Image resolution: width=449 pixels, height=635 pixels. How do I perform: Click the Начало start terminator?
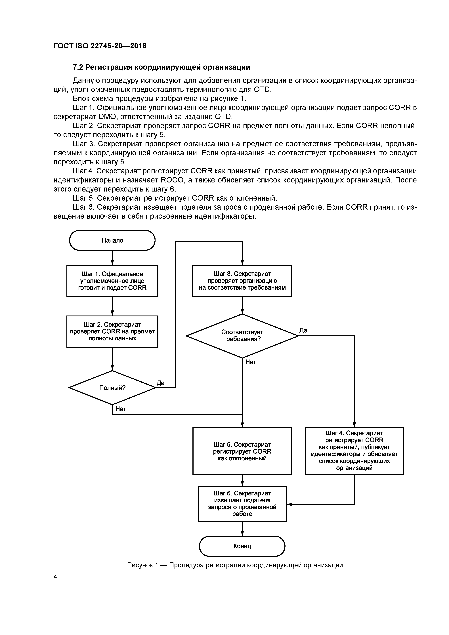[112, 240]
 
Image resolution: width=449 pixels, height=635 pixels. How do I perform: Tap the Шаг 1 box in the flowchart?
[112, 281]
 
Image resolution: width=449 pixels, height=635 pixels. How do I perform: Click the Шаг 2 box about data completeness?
[112, 331]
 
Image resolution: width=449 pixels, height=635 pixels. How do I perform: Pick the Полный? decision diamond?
[112, 388]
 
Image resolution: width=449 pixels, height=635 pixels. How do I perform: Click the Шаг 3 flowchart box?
[242, 281]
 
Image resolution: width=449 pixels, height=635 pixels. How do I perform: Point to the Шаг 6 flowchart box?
[242, 504]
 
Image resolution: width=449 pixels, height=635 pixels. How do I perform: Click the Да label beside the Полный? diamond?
[160, 383]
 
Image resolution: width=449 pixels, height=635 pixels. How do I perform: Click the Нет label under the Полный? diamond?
[121, 409]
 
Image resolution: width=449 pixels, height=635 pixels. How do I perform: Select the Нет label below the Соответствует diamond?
[250, 362]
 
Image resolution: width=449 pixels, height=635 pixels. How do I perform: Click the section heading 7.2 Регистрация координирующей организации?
[161, 67]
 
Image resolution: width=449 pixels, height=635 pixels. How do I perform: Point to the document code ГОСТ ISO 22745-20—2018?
[100, 46]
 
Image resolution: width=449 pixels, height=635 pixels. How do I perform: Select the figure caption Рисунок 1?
[235, 565]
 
